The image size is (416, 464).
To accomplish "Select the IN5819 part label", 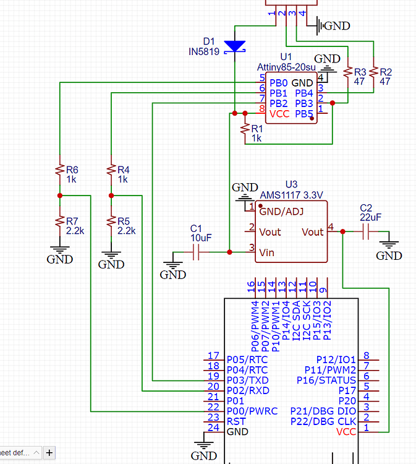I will [x=204, y=53].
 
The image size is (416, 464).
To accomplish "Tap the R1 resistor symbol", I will [x=245, y=129].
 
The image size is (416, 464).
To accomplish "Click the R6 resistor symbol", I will [x=60, y=170].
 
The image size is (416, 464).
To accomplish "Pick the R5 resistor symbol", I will [x=111, y=221].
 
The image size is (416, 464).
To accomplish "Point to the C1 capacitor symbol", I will [x=197, y=252].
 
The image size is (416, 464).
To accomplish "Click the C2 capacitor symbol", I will [x=366, y=232].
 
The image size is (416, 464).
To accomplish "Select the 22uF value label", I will [x=371, y=217].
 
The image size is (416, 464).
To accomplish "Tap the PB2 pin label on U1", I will [x=279, y=103].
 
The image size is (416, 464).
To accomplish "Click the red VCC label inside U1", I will [x=279, y=114].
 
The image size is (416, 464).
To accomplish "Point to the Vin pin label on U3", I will [x=267, y=252].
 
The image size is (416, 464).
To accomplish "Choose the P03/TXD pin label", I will [x=247, y=380].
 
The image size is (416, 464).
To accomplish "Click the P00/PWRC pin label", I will [x=252, y=411].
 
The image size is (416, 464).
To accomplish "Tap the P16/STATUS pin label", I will [x=326, y=380].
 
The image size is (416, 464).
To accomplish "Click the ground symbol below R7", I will [x=60, y=255].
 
